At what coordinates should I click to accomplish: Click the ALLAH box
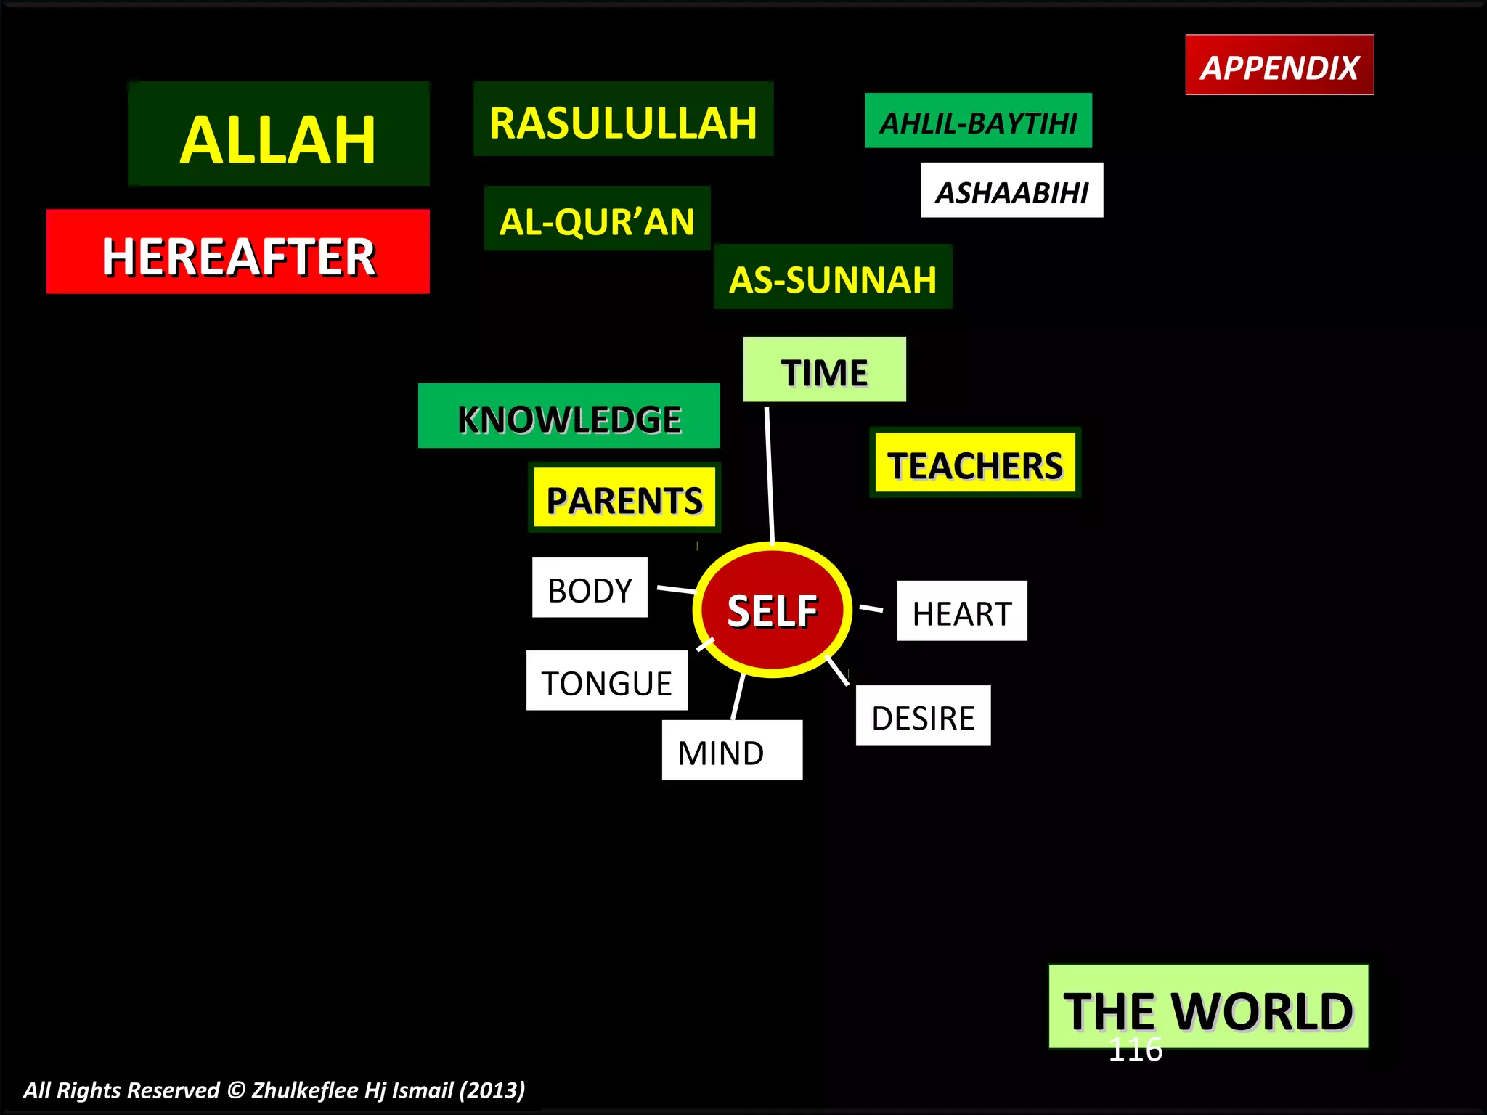pyautogui.click(x=279, y=134)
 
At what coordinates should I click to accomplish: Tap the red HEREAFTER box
pyautogui.click(x=238, y=252)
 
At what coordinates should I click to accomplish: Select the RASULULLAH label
pyautogui.click(x=623, y=120)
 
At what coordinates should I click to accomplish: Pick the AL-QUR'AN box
pyautogui.click(x=597, y=218)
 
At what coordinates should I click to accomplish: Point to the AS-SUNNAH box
pyautogui.click(x=833, y=277)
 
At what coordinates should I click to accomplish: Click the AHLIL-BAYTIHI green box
pyautogui.click(x=978, y=121)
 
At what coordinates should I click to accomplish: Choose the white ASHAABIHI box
pyautogui.click(x=1011, y=190)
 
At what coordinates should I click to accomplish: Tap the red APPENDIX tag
pyautogui.click(x=1279, y=65)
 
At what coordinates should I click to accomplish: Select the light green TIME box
pyautogui.click(x=824, y=369)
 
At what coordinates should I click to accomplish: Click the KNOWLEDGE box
pyautogui.click(x=569, y=416)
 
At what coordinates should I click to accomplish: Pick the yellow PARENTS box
pyautogui.click(x=624, y=498)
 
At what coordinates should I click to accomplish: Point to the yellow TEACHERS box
pyautogui.click(x=975, y=462)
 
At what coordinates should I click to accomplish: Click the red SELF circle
pyautogui.click(x=773, y=610)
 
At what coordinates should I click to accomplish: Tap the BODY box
pyautogui.click(x=590, y=588)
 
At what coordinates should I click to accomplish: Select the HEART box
pyautogui.click(x=961, y=611)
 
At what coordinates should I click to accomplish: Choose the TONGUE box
pyautogui.click(x=606, y=681)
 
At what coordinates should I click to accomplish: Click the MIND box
pyautogui.click(x=732, y=751)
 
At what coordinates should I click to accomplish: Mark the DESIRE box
pyautogui.click(x=923, y=716)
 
